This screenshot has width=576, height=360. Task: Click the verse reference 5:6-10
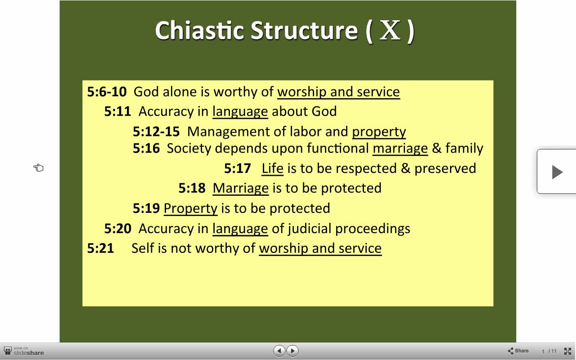107,92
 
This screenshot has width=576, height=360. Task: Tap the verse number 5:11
117,112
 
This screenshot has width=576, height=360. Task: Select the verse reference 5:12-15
156,132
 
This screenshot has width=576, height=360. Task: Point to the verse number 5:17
237,168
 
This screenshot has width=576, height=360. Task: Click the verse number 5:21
100,248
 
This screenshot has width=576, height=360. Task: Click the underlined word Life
273,168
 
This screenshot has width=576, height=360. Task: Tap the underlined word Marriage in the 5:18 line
241,188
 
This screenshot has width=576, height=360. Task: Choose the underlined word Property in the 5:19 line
190,208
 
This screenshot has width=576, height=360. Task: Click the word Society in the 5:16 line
189,148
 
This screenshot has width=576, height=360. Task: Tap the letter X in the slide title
390,30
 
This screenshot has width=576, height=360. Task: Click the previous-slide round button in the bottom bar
279,351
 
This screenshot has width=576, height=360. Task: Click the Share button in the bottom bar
518,351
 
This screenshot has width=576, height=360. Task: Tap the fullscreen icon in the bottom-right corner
567,351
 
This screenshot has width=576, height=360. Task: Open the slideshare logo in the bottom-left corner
24,351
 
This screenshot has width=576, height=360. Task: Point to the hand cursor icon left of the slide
38,168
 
